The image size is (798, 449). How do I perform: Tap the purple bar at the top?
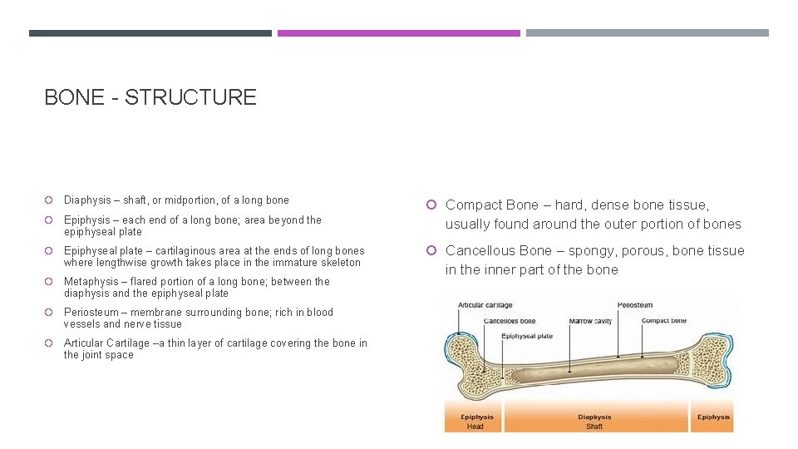click(398, 33)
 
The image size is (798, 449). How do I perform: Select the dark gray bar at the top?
click(150, 33)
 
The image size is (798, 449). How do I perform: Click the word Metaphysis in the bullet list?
click(89, 282)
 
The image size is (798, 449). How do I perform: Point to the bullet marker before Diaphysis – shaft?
click(50, 200)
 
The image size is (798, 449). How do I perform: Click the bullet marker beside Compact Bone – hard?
click(431, 205)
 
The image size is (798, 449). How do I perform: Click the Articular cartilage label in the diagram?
click(485, 306)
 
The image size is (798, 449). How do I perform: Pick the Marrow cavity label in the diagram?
click(590, 321)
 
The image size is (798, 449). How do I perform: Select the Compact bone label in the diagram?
click(664, 321)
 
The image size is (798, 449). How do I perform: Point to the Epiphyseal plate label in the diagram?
click(527, 337)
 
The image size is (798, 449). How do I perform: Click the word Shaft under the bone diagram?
click(594, 427)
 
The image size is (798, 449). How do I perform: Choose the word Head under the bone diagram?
click(475, 427)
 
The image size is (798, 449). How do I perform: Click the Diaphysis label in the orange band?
click(594, 417)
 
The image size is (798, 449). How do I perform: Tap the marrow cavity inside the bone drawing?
click(590, 375)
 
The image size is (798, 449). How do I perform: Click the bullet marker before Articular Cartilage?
click(50, 343)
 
